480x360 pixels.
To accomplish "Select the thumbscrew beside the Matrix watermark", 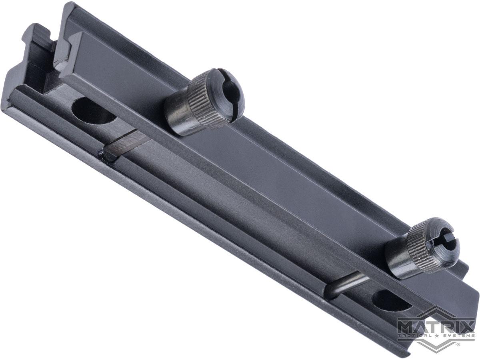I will [420, 248].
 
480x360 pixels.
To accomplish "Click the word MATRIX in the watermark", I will [436, 324].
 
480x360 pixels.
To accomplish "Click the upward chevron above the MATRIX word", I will [436, 311].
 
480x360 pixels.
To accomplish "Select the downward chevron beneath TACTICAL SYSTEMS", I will [436, 345].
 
